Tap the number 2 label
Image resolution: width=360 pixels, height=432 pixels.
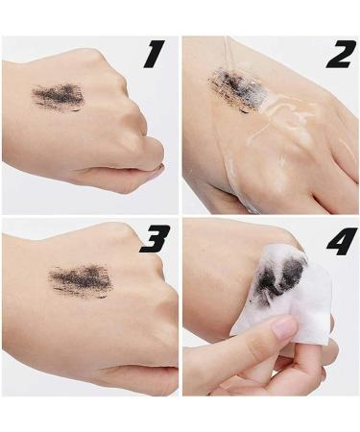pyautogui.click(x=338, y=56)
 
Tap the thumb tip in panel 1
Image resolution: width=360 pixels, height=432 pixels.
pyautogui.click(x=157, y=170)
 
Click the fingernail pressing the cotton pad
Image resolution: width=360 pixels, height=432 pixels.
pyautogui.click(x=283, y=328)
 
